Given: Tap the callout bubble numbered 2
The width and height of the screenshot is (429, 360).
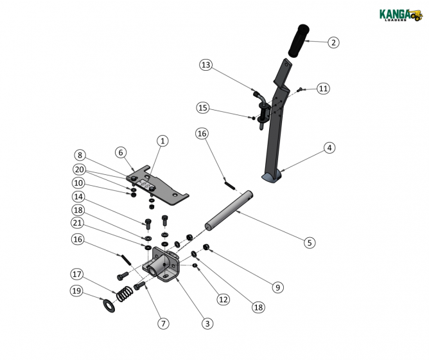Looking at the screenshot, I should pos(333,42).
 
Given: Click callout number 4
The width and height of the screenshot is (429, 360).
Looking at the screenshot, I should pos(329,148).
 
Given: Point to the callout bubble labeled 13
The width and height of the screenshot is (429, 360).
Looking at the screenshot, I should pos(206,65).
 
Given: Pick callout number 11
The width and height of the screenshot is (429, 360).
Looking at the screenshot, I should pos(322,88).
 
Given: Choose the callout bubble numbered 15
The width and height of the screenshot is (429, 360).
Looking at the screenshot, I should pos(203,108).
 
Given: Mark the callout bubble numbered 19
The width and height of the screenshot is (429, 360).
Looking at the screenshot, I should pos(76,291).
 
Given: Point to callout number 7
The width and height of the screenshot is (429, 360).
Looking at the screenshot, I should pos(164,323).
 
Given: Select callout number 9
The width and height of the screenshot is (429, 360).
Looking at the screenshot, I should pos(277,287).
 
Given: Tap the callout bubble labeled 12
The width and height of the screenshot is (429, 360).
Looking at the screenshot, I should pos(222,298).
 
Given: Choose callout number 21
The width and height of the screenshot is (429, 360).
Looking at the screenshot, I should pos(78,222).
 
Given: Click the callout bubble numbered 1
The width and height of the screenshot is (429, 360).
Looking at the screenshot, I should pos(162,140).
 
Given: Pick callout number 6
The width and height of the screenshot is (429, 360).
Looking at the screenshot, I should pos(120,152).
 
